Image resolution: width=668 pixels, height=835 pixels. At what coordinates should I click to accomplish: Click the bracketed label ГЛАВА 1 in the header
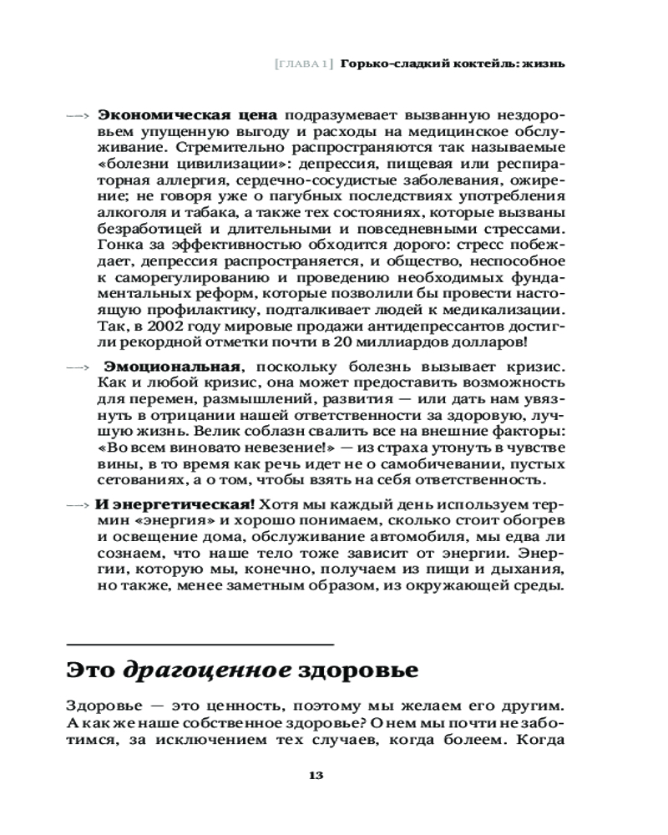303,63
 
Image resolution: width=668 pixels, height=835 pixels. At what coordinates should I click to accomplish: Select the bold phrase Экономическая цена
188,114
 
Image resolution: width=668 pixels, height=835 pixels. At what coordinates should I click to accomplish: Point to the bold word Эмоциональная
173,367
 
